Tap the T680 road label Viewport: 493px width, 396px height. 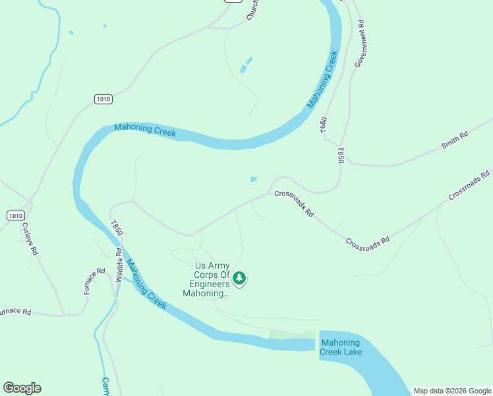(x=324, y=126)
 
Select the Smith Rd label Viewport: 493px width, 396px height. (x=454, y=141)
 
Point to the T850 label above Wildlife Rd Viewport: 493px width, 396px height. (x=116, y=228)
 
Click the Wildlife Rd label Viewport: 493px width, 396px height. (x=119, y=265)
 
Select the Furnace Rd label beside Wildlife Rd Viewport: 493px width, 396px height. (x=95, y=281)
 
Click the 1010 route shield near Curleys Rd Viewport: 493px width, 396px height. (x=15, y=216)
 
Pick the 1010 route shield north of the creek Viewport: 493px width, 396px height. (x=103, y=99)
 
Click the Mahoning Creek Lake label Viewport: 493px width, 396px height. (x=340, y=347)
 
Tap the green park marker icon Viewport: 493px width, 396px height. (x=240, y=279)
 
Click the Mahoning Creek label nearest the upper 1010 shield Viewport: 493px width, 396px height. (x=145, y=130)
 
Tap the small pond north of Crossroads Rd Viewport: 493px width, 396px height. (x=254, y=179)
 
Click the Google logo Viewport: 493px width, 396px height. (x=22, y=388)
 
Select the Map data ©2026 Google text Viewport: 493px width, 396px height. (x=452, y=391)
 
